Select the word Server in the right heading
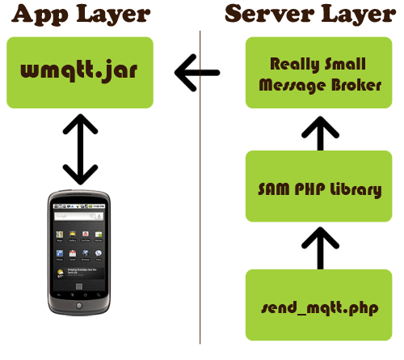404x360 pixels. click(269, 14)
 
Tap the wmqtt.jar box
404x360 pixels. click(80, 73)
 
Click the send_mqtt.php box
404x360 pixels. click(319, 305)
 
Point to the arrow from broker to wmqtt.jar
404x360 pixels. click(197, 73)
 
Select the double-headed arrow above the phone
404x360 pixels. click(80, 149)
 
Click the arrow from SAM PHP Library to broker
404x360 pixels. click(320, 133)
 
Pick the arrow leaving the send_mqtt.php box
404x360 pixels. click(320, 248)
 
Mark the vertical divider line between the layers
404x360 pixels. click(200, 188)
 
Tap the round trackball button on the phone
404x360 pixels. click(79, 306)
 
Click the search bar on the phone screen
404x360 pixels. click(78, 216)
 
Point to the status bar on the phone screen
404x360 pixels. click(79, 206)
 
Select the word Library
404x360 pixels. click(356, 189)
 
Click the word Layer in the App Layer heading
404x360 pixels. click(113, 15)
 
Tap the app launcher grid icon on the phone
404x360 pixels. click(79, 286)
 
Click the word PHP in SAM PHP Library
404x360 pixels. click(309, 188)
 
